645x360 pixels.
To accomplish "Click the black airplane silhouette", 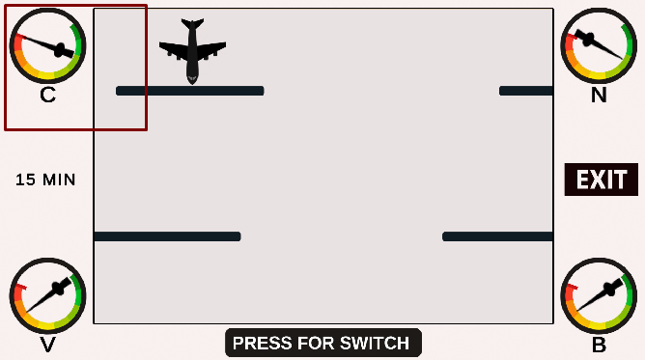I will [192, 51].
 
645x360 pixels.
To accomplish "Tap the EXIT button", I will [601, 180].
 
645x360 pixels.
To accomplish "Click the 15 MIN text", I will [45, 180].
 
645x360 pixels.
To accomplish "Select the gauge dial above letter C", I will [47, 45].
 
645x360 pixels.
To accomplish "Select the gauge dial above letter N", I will [599, 45].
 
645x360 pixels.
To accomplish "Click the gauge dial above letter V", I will [47, 295].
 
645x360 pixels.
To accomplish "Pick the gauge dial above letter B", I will [599, 295].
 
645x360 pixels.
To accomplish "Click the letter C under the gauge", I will [47, 95].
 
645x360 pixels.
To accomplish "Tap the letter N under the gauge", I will [599, 95].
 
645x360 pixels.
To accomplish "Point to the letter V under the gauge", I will [47, 346].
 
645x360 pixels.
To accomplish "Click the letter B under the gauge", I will [599, 346].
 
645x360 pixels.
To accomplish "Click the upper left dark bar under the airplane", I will [189, 91].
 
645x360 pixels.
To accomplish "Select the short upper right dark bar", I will [525, 91].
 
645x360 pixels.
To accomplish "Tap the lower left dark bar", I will [167, 236].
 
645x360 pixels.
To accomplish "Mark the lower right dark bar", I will [497, 236].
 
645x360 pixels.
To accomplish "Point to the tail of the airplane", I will [192, 23].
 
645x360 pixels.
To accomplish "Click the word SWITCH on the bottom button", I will [373, 343].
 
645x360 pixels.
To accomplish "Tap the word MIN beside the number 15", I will [59, 180].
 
